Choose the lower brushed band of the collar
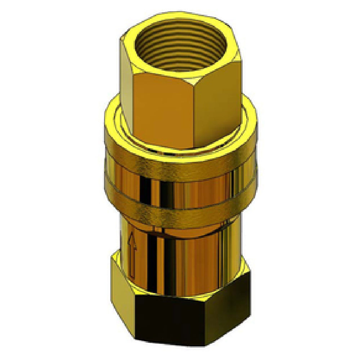[x=180, y=212]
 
